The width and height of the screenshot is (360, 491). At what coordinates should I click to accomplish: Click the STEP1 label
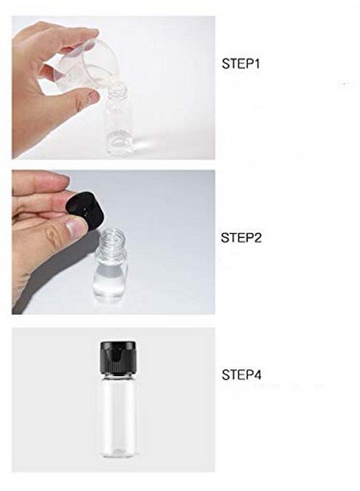coord(241,63)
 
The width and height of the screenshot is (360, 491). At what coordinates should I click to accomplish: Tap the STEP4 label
coord(241,375)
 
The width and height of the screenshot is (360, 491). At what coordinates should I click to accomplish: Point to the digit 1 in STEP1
coord(257,63)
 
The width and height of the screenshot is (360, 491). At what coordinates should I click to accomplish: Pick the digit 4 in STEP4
coord(257,375)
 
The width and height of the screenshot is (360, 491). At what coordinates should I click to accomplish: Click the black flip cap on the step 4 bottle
coord(118,354)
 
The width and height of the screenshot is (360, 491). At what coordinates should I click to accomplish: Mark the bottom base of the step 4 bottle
coord(118,453)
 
